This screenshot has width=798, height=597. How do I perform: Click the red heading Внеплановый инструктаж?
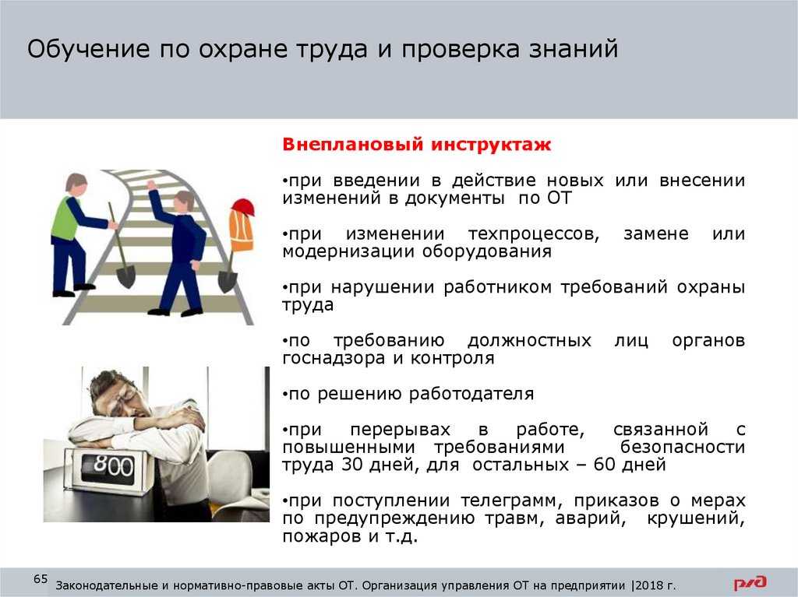coord(416,145)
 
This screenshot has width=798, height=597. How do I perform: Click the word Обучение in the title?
coord(89,49)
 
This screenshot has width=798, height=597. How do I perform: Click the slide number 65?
coord(41,578)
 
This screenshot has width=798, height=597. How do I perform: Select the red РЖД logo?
coord(750,583)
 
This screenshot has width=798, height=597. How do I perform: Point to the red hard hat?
coord(243,207)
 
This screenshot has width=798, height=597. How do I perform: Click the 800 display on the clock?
coord(114,465)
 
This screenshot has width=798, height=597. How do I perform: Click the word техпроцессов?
coord(533,234)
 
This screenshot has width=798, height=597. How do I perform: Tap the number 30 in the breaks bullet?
coord(351,465)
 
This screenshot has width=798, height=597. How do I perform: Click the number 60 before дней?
coord(604,465)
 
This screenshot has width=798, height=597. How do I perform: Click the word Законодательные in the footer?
coord(107,585)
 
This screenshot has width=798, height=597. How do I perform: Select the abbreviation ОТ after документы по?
coord(560,198)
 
